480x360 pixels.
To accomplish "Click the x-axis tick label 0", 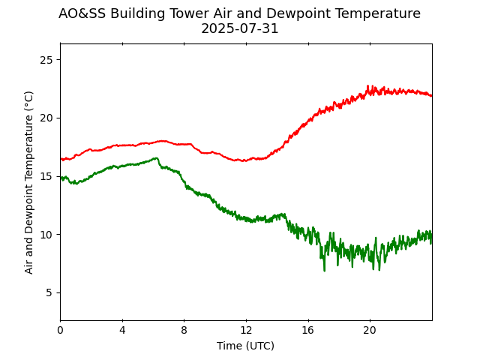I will pyautogui.click(x=60, y=331).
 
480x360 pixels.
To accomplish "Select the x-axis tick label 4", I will pyautogui.click(x=122, y=331).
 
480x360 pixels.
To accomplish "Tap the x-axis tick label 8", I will pyautogui.click(x=184, y=331).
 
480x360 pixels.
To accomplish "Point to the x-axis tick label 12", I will pyautogui.click(x=246, y=331).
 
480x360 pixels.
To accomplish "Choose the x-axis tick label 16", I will pyautogui.click(x=307, y=331).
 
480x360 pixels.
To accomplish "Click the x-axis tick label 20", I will pyautogui.click(x=370, y=331).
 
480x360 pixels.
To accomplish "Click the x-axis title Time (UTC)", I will pyautogui.click(x=245, y=346).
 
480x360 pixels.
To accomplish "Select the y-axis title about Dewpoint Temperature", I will pyautogui.click(x=29, y=182).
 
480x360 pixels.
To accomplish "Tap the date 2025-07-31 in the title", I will pyautogui.click(x=240, y=29).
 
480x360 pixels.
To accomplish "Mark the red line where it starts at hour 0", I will pyautogui.click(x=61, y=159).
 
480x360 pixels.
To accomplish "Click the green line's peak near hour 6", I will pyautogui.click(x=156, y=158).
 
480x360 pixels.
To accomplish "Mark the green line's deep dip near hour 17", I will pyautogui.click(x=324, y=269).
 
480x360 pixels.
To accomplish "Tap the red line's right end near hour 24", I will pyautogui.click(x=431, y=95).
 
